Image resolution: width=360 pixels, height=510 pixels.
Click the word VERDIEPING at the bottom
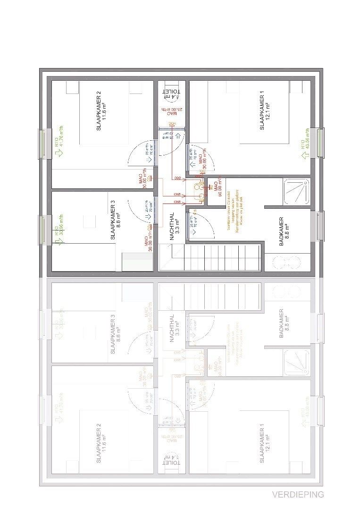298,494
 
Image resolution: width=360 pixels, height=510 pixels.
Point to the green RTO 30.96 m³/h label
59,231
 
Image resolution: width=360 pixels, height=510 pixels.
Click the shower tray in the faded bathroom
296,364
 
